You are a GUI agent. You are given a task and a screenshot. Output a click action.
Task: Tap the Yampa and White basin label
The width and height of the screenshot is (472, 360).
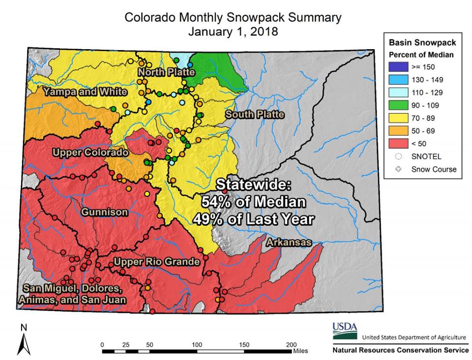[x=85, y=91]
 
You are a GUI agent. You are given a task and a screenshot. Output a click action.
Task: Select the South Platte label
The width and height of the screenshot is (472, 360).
[x=255, y=115]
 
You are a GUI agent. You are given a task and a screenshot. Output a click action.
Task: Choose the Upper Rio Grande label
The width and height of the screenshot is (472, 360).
[x=157, y=261]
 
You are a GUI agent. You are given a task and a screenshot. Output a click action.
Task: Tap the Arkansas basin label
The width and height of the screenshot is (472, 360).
[x=289, y=242]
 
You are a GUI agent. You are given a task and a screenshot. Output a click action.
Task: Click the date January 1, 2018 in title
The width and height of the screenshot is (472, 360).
[x=233, y=32]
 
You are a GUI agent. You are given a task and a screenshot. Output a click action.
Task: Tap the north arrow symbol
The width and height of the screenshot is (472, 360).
[x=24, y=342]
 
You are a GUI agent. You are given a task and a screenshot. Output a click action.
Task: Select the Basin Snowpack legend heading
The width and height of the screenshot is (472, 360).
[x=422, y=42]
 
